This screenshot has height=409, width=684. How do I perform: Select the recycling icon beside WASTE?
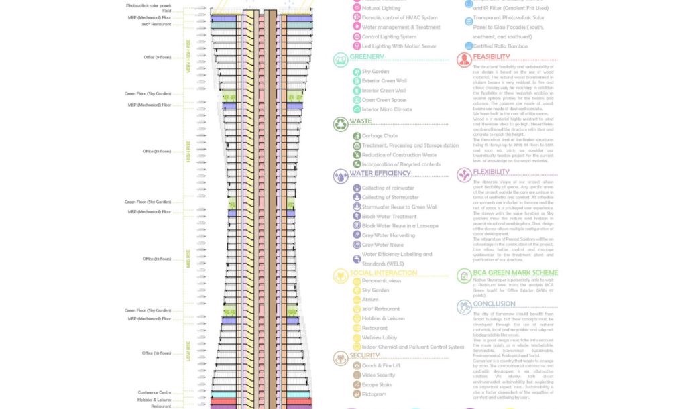coord(340,124)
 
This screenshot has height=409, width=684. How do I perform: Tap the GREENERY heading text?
coord(367,57)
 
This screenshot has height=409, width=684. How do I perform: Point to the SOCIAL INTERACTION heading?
coord(384,273)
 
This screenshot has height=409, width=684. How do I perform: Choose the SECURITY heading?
coord(365,355)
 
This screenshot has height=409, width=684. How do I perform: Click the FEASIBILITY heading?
coord(496,57)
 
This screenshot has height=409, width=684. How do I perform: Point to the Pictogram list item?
coord(374,394)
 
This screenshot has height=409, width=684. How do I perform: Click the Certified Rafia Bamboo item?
coord(500,46)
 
